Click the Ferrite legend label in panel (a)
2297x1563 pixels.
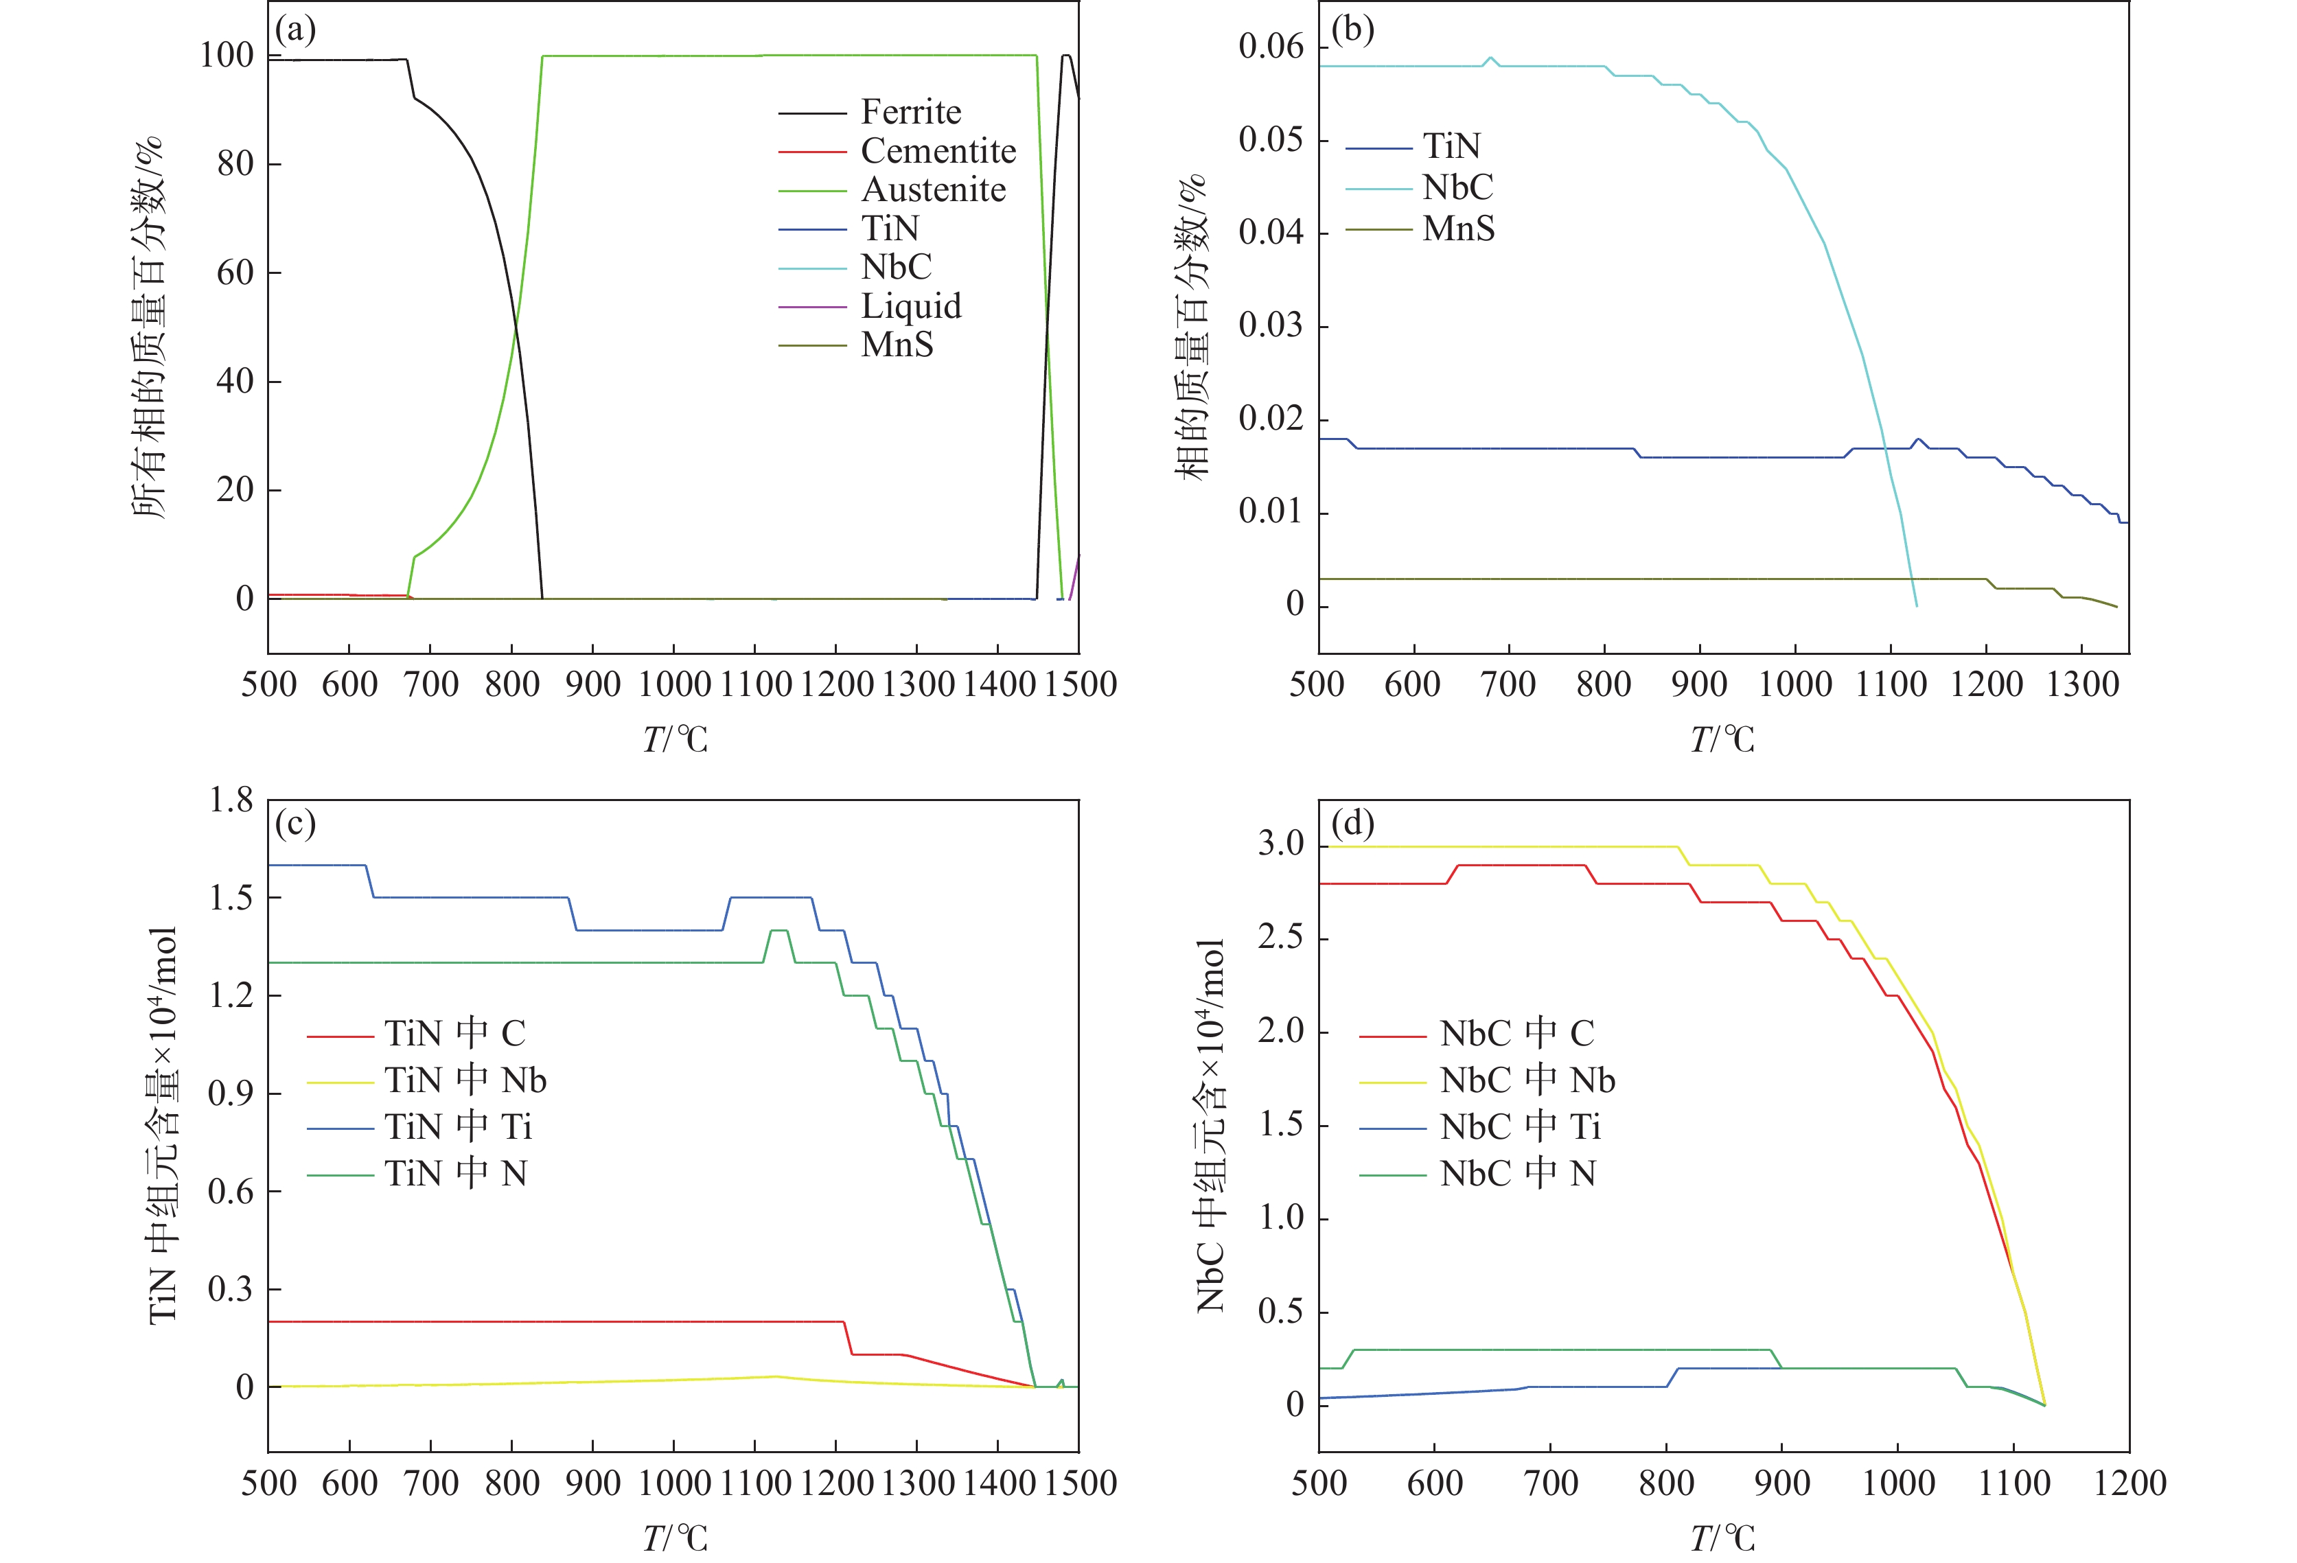point(910,112)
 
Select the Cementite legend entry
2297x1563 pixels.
point(938,151)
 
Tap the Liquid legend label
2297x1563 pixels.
point(910,306)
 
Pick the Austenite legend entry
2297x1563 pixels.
point(933,189)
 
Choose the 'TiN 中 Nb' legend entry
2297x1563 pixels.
point(465,1080)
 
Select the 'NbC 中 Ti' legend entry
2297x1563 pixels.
point(1520,1126)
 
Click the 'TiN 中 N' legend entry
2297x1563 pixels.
point(456,1174)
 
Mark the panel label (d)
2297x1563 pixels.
point(1352,822)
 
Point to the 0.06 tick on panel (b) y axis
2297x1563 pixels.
point(1271,47)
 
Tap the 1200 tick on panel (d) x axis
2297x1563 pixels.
point(2129,1482)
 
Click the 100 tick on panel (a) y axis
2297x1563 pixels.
point(227,56)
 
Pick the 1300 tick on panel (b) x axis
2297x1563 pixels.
point(2081,684)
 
